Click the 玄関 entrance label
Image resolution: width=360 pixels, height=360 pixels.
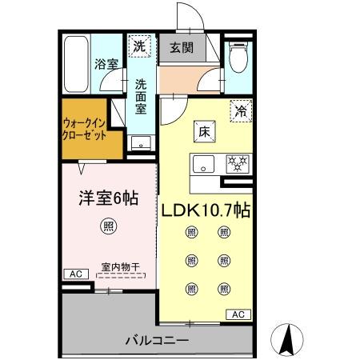pos(181,47)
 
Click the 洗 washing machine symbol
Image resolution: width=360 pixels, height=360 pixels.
pos(141,46)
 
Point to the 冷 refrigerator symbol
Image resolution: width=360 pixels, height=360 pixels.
pos(240,112)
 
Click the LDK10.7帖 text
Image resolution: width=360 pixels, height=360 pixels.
pos(207,211)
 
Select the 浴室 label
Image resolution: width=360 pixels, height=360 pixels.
pos(106,63)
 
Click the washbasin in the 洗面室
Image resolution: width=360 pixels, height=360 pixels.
pos(141,144)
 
